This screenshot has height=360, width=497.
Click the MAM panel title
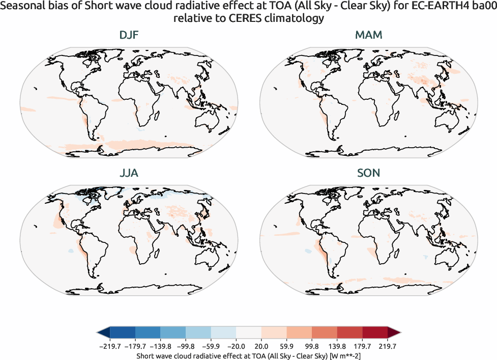369,35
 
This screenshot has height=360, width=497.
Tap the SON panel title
369,173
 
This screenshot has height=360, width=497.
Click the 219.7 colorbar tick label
388,346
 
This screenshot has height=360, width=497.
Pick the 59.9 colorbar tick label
287,346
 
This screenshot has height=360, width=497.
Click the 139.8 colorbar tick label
337,346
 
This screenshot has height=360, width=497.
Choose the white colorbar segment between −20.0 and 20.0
249,333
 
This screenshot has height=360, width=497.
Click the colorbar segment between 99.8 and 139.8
325,333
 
